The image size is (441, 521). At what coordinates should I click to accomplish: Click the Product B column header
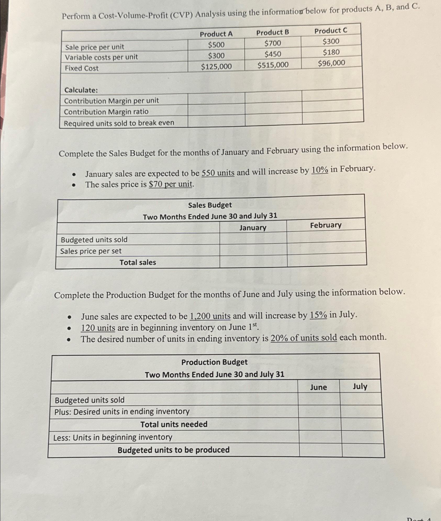click(x=272, y=32)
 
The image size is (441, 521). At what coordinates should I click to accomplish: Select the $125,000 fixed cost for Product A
click(x=216, y=67)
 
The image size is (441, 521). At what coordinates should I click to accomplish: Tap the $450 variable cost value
click(x=273, y=54)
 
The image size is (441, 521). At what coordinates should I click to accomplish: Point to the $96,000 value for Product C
click(x=331, y=63)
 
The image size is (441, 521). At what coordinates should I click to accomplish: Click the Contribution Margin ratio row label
click(x=106, y=112)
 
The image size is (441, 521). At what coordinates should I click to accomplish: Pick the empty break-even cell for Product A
click(x=216, y=122)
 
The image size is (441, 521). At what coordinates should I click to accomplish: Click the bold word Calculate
click(x=81, y=90)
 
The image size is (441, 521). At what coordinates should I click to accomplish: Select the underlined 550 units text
click(x=218, y=173)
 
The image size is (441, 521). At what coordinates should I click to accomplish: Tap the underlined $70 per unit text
click(x=171, y=184)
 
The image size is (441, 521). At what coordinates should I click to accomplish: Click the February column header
click(x=326, y=225)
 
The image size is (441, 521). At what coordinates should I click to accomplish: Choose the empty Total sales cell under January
click(x=253, y=262)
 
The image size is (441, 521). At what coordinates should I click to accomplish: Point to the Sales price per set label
click(x=91, y=251)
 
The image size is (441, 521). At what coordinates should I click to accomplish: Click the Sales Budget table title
click(x=210, y=205)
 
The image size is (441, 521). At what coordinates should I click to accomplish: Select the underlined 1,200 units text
click(x=210, y=316)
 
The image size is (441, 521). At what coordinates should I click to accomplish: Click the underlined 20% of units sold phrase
click(x=304, y=338)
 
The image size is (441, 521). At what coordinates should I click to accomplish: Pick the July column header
click(x=360, y=386)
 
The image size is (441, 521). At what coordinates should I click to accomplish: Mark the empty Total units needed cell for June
click(x=320, y=424)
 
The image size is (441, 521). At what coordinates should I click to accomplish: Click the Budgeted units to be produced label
click(x=173, y=450)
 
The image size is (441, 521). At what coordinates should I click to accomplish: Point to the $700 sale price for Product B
click(x=272, y=43)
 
